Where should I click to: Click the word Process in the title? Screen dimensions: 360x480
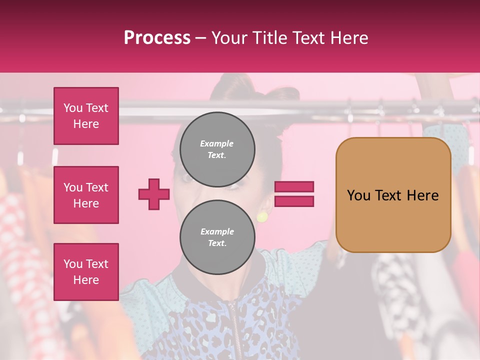click(x=157, y=38)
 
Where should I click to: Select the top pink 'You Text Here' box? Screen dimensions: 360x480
click(x=86, y=116)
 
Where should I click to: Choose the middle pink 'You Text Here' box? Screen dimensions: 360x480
click(x=86, y=195)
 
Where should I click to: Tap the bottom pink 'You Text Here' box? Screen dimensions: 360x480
click(x=86, y=271)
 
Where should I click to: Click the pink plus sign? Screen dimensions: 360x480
click(x=154, y=194)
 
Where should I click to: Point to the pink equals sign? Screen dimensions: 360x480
click(x=294, y=194)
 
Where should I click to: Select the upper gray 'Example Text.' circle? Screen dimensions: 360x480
click(x=217, y=149)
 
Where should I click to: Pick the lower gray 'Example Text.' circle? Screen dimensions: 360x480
click(x=217, y=237)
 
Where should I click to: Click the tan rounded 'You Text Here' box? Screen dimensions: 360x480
click(x=393, y=195)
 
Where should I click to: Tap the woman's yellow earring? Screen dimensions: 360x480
click(x=262, y=216)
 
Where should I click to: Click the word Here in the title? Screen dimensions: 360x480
click(x=347, y=38)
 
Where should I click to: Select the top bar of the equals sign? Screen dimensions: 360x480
click(x=294, y=187)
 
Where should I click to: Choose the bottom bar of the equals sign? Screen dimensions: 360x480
click(x=294, y=201)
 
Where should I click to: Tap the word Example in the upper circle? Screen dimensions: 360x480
click(x=217, y=143)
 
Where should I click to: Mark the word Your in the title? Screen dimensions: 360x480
click(x=228, y=38)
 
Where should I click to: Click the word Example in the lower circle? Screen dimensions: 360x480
click(x=217, y=231)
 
